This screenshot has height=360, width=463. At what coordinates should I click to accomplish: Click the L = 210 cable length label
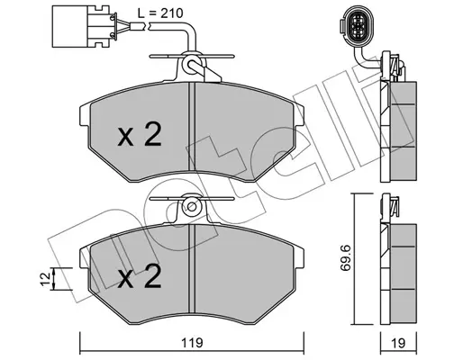[x=160, y=13]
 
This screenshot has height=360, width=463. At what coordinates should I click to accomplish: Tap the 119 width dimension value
[x=192, y=343]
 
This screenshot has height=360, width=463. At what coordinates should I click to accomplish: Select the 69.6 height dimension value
[x=345, y=258]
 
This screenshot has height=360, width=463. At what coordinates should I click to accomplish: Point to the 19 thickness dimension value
[x=399, y=343]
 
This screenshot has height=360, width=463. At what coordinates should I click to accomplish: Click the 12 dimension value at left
[x=45, y=279]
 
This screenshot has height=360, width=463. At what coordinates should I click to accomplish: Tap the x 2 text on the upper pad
[x=140, y=134]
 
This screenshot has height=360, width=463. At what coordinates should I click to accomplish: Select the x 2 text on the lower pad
[x=140, y=276]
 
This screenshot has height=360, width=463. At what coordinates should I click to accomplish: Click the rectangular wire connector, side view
[x=83, y=26]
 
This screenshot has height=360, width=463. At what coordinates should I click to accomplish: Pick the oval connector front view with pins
[x=357, y=26]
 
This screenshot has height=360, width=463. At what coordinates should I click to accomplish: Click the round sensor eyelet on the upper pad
[x=192, y=65]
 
